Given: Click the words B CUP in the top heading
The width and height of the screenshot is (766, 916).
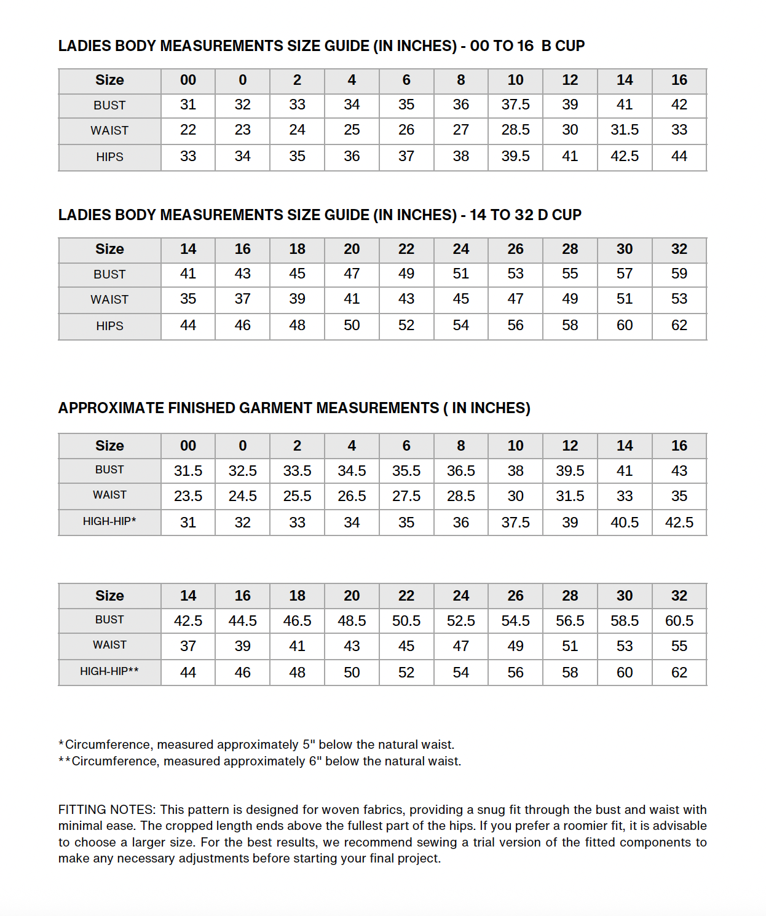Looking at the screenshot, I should click(x=563, y=46).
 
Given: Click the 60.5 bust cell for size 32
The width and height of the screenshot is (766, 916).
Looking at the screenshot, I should click(x=679, y=621).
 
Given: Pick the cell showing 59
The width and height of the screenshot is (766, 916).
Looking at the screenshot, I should click(x=679, y=274).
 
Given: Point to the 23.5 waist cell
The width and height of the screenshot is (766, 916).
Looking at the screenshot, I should click(x=188, y=496).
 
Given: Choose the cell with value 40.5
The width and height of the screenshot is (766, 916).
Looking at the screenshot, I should click(x=625, y=523).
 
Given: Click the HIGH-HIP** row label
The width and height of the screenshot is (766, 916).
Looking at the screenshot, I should click(x=109, y=671).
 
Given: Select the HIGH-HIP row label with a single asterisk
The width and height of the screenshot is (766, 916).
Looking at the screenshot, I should click(x=109, y=521).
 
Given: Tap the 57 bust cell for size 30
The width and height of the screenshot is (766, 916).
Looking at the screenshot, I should click(x=625, y=274).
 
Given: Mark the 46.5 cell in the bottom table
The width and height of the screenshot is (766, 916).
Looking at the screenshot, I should click(x=297, y=621).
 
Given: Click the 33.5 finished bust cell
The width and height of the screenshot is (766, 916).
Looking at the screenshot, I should click(x=297, y=471).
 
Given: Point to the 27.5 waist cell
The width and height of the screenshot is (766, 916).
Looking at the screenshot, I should click(x=406, y=496).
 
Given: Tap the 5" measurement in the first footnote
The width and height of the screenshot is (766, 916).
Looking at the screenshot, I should click(x=309, y=744).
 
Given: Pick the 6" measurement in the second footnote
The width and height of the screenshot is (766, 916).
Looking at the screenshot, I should click(x=315, y=761).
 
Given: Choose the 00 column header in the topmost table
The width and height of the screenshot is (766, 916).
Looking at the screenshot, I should click(x=188, y=80).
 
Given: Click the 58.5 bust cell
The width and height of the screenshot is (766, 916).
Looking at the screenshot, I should click(x=625, y=621).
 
